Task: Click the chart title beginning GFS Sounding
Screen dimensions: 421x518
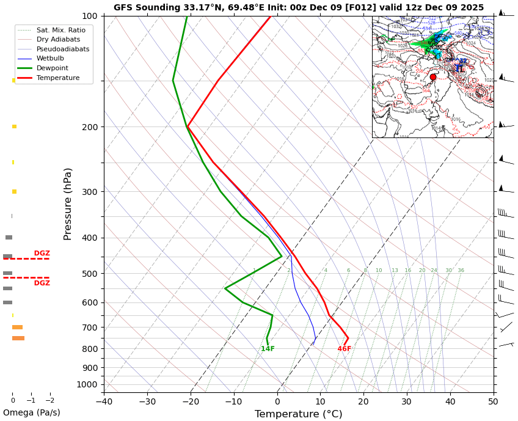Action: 298,8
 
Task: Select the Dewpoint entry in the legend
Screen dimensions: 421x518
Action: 52,68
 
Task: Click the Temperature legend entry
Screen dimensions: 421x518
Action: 57,78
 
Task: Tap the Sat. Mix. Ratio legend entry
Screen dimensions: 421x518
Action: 60,30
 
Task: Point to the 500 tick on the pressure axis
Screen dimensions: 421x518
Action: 90,274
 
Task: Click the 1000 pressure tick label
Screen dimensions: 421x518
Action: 87,384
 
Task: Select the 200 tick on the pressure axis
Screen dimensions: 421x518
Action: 90,127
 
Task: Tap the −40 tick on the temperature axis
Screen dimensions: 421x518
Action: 104,401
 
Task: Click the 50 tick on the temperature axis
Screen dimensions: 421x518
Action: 493,401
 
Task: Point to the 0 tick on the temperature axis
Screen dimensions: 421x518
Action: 277,401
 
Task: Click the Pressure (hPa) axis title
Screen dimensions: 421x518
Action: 68,203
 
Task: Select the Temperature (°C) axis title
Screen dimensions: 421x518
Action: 298,414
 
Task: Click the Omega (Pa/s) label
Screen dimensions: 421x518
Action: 31,413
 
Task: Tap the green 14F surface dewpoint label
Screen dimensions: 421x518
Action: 268,349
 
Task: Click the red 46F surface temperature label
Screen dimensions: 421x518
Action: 345,349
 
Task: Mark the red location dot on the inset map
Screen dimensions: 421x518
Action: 433,77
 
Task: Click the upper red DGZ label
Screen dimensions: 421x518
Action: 42,254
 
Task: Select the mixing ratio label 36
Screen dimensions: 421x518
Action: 461,271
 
